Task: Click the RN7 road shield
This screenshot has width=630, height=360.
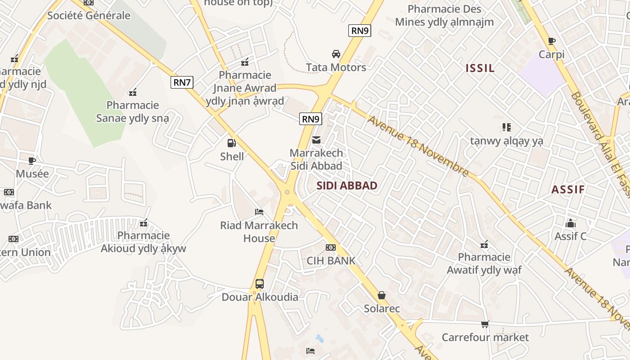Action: [183, 82]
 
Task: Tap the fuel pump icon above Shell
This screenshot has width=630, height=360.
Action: [232, 144]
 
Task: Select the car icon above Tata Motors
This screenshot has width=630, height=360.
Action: [336, 54]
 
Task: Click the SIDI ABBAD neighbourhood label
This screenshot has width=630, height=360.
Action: [347, 186]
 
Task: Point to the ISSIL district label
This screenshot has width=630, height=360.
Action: [480, 68]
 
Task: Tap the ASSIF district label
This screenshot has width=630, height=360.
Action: [568, 189]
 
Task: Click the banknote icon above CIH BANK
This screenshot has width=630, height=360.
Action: [331, 247]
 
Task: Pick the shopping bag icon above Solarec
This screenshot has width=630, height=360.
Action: [382, 295]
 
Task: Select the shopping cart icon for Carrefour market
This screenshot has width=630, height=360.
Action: [485, 324]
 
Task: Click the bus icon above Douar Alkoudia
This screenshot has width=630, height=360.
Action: [260, 284]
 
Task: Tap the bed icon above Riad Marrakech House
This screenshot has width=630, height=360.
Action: [259, 212]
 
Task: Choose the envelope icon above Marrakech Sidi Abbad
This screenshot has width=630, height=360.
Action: [317, 140]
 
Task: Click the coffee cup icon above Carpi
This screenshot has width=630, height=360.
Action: [552, 41]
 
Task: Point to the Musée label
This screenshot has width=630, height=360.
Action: [32, 174]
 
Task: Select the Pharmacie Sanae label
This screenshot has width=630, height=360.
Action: [133, 112]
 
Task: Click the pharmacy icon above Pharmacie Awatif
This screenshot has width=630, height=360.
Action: [484, 244]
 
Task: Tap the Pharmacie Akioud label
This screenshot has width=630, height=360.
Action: [144, 242]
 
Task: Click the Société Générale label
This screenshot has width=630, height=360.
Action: [89, 16]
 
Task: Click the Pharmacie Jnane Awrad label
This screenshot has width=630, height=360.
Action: [245, 88]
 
